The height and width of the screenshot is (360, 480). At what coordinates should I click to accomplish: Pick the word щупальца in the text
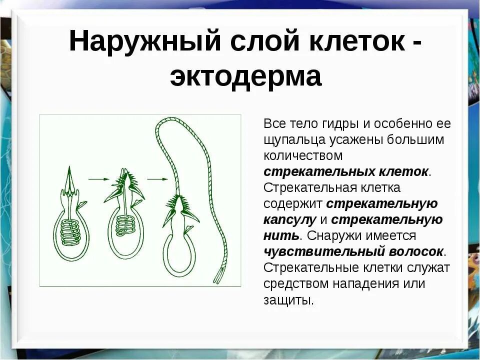tap(295, 139)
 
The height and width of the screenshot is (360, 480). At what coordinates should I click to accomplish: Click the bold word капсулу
tap(289, 219)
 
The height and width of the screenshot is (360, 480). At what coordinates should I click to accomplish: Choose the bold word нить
tap(281, 235)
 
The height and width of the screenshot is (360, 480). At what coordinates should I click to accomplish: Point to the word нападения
tap(367, 283)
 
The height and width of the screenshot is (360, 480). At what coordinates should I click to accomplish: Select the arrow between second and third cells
tap(157, 178)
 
